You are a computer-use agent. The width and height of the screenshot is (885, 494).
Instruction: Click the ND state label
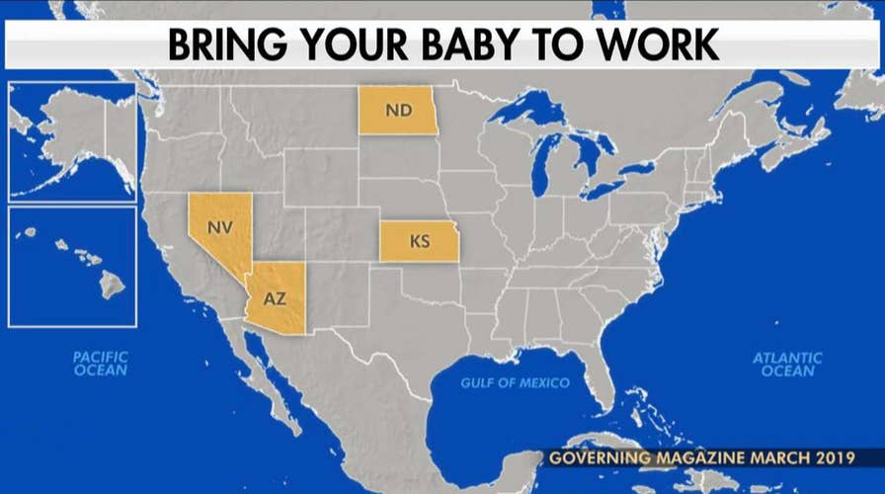398,110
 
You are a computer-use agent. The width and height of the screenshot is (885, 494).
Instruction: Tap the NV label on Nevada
219,226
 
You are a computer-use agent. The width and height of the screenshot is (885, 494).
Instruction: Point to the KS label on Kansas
420,241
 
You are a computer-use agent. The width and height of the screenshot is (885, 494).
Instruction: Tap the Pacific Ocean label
101,363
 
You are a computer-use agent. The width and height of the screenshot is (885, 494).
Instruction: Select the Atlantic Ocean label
786,365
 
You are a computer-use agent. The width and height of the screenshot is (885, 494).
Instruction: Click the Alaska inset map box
72,140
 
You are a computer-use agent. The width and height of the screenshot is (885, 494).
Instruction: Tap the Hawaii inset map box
72,266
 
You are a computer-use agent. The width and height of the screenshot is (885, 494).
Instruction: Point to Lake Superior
534,112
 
